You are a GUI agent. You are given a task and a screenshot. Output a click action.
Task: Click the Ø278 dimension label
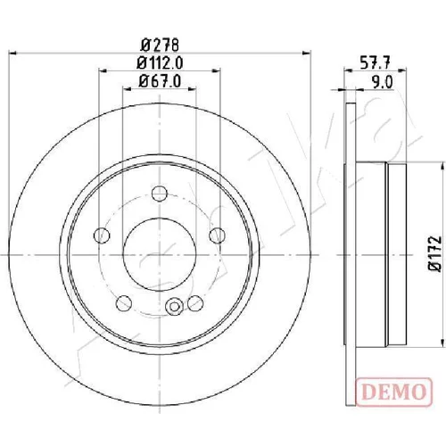click(160, 45)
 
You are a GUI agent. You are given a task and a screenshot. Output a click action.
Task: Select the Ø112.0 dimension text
click(160, 62)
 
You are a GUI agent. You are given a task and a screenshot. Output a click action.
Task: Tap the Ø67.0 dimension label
click(160, 81)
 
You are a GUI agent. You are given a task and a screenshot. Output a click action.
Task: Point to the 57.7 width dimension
click(375, 63)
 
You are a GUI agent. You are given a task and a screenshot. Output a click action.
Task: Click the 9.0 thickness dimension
click(383, 82)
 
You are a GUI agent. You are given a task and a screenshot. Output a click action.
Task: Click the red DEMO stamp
click(393, 392)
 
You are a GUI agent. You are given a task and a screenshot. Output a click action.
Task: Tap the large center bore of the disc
click(160, 255)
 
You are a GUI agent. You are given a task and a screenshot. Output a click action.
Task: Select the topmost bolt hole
click(160, 194)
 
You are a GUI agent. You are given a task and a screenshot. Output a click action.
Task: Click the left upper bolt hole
click(102, 235)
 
